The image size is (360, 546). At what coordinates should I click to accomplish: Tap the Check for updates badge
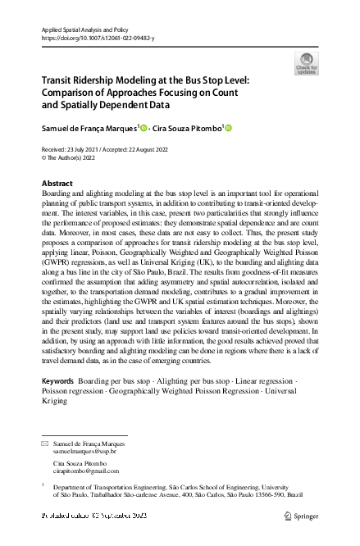[x=306, y=63]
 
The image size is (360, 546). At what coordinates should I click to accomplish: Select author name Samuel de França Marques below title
[x=90, y=128]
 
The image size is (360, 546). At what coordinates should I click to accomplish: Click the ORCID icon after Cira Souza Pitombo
[x=229, y=128]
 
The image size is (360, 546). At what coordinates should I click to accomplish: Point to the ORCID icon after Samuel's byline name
[x=144, y=128]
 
